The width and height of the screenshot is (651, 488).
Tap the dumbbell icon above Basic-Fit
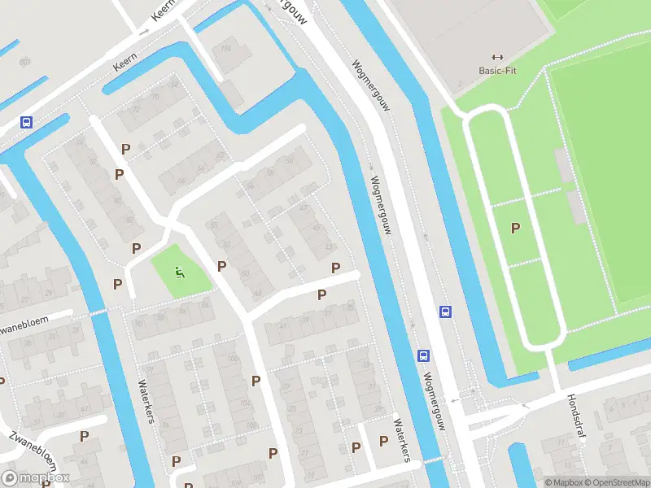pos(498,57)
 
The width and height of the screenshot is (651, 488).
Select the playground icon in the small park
pos(180,272)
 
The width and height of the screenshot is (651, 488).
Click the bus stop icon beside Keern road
pos(27,123)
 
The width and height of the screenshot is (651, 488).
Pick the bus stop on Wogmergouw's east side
pos(445,312)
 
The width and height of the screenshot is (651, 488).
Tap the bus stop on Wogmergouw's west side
pos(423,355)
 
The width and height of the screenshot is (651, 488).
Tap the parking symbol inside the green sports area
pos(515,229)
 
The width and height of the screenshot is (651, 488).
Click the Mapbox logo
pos(35,478)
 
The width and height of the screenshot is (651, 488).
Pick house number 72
pos(135,108)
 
